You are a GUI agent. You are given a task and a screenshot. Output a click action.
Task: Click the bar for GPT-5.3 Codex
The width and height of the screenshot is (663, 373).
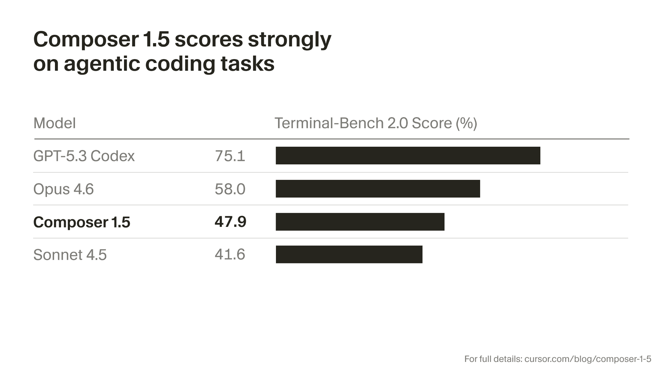coord(408,155)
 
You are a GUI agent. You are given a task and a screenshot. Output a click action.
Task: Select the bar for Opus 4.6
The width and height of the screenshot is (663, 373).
coord(378,189)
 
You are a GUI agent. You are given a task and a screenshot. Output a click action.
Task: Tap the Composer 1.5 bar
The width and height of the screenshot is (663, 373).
coord(360,222)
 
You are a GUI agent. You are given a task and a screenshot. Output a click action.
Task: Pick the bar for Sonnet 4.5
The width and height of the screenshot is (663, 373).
coord(349,255)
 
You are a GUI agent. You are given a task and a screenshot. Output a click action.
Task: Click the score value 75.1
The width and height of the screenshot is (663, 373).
coord(230,156)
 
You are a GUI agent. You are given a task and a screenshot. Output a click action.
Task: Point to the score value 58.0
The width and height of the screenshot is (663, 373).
coord(230,189)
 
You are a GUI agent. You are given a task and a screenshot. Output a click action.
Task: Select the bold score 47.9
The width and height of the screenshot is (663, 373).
coord(230,222)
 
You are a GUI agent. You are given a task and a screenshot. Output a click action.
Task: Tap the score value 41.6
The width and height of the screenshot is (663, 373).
coord(230,255)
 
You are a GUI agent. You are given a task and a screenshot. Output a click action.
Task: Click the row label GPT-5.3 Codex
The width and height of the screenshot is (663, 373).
coord(84,156)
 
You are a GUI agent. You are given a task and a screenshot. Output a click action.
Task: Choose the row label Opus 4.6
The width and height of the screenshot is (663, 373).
coord(64,189)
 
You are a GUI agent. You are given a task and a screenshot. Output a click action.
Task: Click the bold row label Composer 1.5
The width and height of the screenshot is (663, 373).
coord(81,222)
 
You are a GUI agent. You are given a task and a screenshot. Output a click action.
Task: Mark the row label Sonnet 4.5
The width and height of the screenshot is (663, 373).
coord(70,255)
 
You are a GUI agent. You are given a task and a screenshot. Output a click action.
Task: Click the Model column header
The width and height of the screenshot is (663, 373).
coord(55,123)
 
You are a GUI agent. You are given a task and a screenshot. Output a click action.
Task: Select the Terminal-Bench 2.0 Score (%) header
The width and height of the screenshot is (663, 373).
coord(376,123)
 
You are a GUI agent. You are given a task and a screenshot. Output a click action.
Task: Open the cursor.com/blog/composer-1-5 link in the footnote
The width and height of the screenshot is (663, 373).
coord(588,359)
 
